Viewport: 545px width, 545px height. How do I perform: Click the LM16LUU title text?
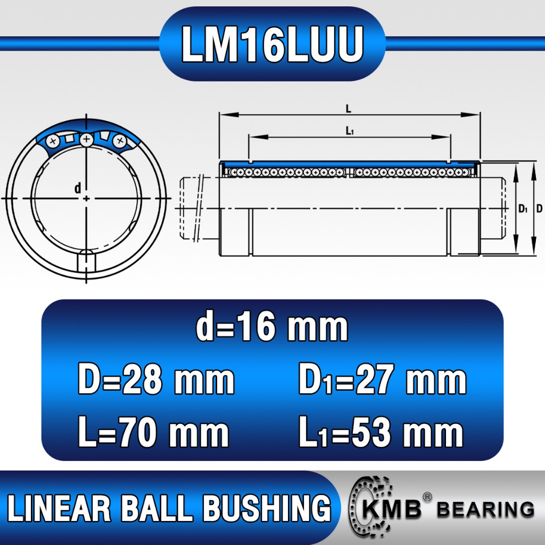(272, 44)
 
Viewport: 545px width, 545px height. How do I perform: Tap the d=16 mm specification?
(272, 327)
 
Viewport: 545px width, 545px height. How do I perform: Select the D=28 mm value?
(156, 379)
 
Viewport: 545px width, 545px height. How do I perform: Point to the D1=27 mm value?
(382, 379)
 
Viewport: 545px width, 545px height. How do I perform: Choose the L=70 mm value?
(154, 432)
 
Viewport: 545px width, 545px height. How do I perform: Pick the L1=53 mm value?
(381, 432)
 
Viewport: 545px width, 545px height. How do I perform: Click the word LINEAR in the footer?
(59, 508)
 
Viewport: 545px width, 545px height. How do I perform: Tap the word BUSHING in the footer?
(267, 508)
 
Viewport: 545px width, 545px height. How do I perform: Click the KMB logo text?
(391, 509)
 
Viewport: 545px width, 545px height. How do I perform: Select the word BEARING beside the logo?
(485, 509)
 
